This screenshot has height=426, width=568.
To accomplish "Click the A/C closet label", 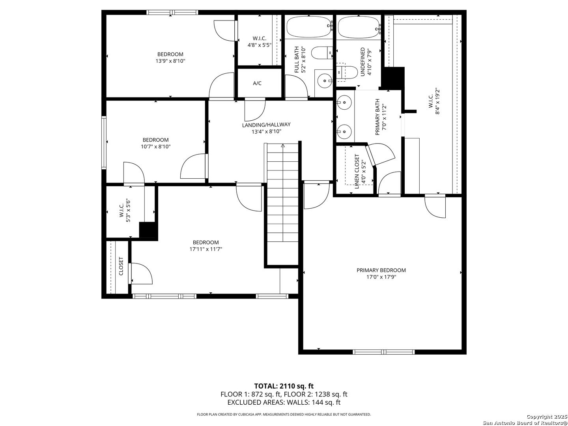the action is click(x=257, y=83).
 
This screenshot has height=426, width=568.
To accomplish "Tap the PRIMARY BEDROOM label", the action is click(x=381, y=270).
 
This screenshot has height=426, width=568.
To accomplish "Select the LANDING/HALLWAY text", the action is click(x=266, y=125).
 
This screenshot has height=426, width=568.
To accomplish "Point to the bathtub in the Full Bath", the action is click(x=308, y=27).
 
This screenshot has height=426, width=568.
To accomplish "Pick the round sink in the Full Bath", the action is click(x=325, y=81).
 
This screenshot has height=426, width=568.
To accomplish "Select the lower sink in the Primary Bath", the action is click(x=344, y=132).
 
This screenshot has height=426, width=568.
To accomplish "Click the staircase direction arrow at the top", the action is click(x=283, y=146).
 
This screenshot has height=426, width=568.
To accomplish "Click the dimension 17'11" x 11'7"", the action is click(x=206, y=249).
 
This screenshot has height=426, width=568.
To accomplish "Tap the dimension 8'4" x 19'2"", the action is click(x=437, y=101).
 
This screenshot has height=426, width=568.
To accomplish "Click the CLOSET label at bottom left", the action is click(x=121, y=266).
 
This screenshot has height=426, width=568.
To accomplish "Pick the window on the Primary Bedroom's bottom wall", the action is click(x=383, y=352).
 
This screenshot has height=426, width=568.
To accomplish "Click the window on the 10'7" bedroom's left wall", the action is click(x=104, y=142).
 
